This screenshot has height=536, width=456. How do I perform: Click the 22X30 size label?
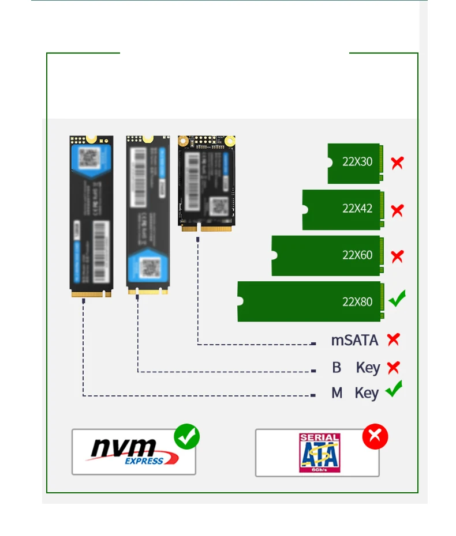tap(357, 161)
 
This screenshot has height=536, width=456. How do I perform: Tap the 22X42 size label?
tap(357, 208)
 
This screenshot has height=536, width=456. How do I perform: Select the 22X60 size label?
tap(357, 255)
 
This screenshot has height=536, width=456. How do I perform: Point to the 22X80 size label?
tap(357, 301)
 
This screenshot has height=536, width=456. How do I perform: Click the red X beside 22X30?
tap(397, 163)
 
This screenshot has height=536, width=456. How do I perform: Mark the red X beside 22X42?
tap(397, 210)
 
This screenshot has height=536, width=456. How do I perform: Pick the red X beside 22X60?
tap(397, 256)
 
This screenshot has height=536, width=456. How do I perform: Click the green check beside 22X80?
tap(397, 299)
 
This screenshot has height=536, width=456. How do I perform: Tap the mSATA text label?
tap(354, 341)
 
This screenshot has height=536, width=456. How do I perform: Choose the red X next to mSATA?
tap(394, 339)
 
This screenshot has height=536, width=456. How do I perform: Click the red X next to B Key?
tap(394, 367)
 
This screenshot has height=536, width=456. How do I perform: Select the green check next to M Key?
tap(394, 390)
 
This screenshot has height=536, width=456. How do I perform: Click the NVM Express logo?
tap(133, 451)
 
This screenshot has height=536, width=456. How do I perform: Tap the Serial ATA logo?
tap(319, 453)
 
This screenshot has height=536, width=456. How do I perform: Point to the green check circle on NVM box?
tap(186, 436)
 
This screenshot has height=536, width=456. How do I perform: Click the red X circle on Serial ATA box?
tap(375, 437)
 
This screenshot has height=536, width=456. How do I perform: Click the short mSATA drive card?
tap(207, 181)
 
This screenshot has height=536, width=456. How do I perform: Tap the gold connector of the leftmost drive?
tap(91, 294)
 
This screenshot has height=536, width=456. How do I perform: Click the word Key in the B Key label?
tap(368, 368)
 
